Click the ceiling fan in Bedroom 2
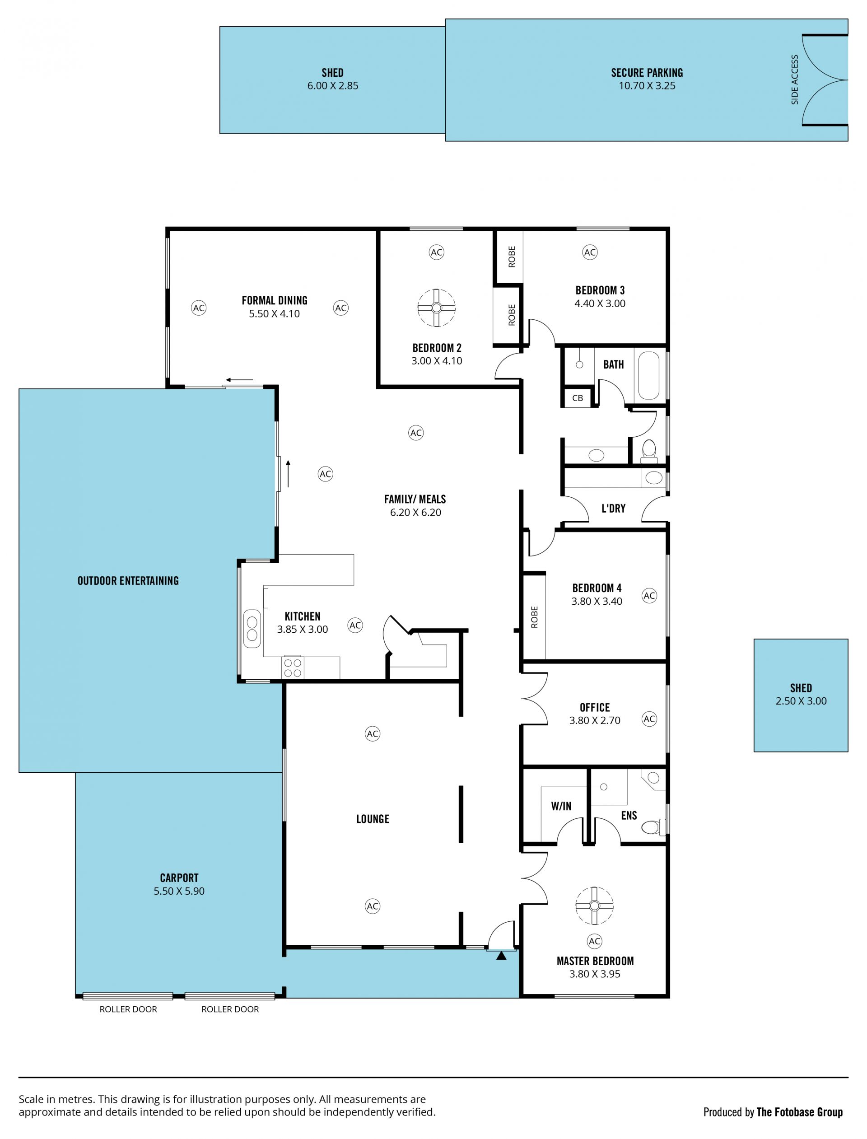[436, 308]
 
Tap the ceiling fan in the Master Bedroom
[595, 906]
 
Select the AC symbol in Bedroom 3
[589, 252]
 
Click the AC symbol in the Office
[649, 719]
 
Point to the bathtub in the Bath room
[649, 376]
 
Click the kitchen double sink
[252, 629]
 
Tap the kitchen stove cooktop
[293, 668]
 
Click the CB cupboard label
[578, 398]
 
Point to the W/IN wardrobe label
[561, 806]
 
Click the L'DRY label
[613, 509]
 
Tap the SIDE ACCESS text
[795, 79]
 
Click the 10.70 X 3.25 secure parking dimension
[647, 86]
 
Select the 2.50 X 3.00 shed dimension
[801, 701]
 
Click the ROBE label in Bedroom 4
[534, 617]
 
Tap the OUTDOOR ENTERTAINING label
[128, 581]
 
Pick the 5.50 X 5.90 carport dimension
[179, 891]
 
